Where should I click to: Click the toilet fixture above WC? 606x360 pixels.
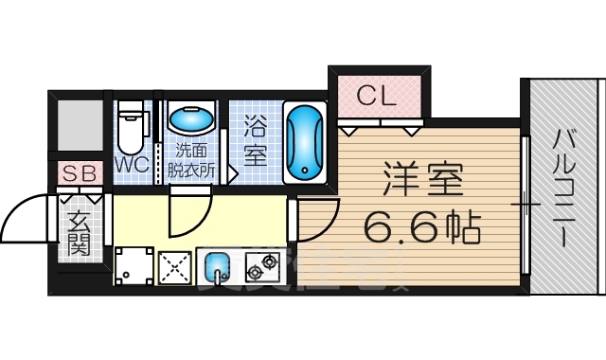click(133, 127)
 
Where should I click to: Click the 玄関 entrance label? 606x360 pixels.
click(79, 232)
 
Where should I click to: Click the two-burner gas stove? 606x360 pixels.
click(263, 267)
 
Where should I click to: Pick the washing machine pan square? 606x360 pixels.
click(134, 266)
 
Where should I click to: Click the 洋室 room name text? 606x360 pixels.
click(422, 180)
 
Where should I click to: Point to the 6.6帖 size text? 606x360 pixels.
click(422, 226)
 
